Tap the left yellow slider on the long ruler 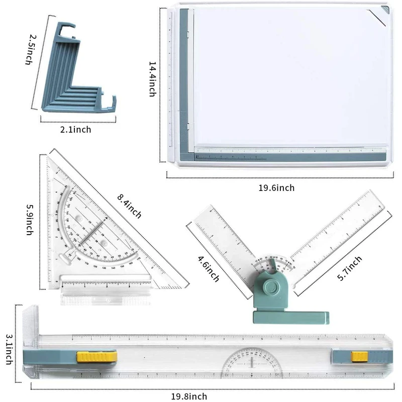coord(96,357)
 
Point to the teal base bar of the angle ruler coord(291,317)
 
